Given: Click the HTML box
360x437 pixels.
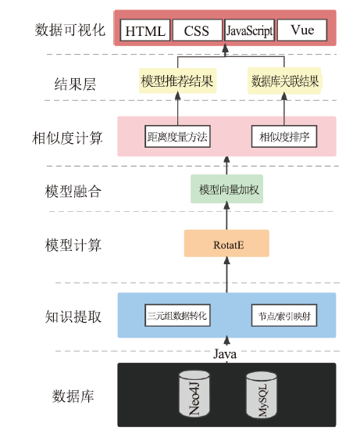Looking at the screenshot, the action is (x=145, y=30).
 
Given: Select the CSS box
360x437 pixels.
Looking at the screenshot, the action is (x=198, y=30).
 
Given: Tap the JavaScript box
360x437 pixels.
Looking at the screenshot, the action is (x=249, y=30).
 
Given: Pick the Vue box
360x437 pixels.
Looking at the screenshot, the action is (x=302, y=30).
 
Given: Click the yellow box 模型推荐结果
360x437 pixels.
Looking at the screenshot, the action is (x=177, y=81).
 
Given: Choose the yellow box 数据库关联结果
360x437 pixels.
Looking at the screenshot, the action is (x=284, y=81).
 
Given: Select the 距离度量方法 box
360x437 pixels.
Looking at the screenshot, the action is (x=177, y=136).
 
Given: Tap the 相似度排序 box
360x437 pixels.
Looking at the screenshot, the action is (x=284, y=136).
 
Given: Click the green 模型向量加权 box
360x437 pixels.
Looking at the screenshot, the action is (x=227, y=189).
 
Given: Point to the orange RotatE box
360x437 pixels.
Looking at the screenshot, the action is (x=226, y=243).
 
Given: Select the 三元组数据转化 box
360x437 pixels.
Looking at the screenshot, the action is (x=177, y=315).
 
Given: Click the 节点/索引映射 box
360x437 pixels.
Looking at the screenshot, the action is (x=284, y=315).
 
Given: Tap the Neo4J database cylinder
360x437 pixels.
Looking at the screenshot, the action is (x=194, y=393).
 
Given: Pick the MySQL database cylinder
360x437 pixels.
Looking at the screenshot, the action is (x=262, y=395).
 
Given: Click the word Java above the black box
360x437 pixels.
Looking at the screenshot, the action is (x=225, y=354).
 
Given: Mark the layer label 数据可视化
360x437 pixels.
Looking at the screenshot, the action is (x=70, y=30).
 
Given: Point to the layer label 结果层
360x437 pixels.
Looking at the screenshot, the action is (x=75, y=84).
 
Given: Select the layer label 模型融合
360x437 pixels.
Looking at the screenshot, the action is (x=73, y=192).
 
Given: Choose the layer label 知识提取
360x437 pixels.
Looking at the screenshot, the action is (x=73, y=317).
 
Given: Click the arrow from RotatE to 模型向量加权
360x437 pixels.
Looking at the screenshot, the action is (x=227, y=217).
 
